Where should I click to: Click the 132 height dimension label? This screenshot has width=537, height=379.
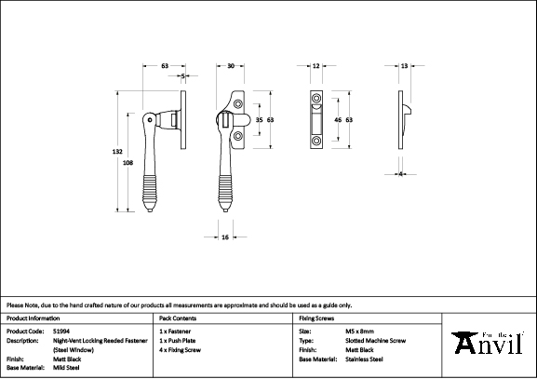(x=117, y=151)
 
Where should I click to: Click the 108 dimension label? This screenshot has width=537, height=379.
(x=128, y=162)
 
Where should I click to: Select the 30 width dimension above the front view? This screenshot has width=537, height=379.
(x=230, y=66)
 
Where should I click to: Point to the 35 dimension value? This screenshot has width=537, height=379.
(x=259, y=121)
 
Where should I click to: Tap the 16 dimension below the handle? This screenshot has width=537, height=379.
(x=226, y=237)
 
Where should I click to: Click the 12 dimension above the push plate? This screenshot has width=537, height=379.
(x=316, y=66)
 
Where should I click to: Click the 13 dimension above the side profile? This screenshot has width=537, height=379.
(x=404, y=66)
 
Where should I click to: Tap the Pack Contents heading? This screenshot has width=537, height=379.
(x=179, y=318)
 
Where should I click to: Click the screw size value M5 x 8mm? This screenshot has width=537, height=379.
(x=347, y=331)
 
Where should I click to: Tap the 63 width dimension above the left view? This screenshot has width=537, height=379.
(x=165, y=66)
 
